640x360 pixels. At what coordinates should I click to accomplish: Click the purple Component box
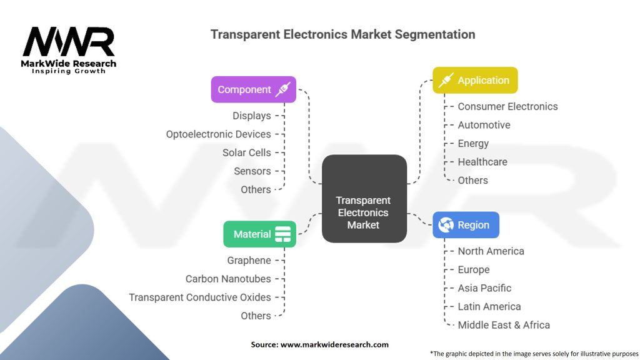[253, 89]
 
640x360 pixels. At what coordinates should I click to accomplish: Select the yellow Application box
[475, 80]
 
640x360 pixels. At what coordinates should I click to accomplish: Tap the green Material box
[259, 234]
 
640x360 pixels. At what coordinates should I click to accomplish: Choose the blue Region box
[466, 225]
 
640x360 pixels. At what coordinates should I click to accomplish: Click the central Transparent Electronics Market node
[364, 199]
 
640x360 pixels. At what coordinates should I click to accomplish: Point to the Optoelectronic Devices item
[218, 134]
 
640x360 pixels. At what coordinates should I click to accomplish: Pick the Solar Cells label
[246, 152]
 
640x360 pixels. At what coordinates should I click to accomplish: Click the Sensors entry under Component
[252, 171]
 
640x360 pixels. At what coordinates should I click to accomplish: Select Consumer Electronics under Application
[507, 106]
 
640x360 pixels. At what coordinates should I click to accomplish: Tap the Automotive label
[484, 125]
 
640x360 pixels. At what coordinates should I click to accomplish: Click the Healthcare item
[482, 162]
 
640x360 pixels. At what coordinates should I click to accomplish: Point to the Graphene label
[249, 261]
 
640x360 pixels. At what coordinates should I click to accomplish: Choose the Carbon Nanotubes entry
[228, 279]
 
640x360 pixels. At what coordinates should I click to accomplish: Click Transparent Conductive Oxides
[200, 297]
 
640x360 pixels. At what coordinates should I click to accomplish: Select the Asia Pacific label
[484, 288]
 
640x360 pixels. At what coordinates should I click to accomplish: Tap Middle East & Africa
[504, 325]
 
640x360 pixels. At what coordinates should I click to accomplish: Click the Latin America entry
[489, 307]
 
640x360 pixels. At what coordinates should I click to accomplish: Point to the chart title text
[342, 34]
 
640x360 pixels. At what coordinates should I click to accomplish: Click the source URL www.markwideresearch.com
[319, 344]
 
